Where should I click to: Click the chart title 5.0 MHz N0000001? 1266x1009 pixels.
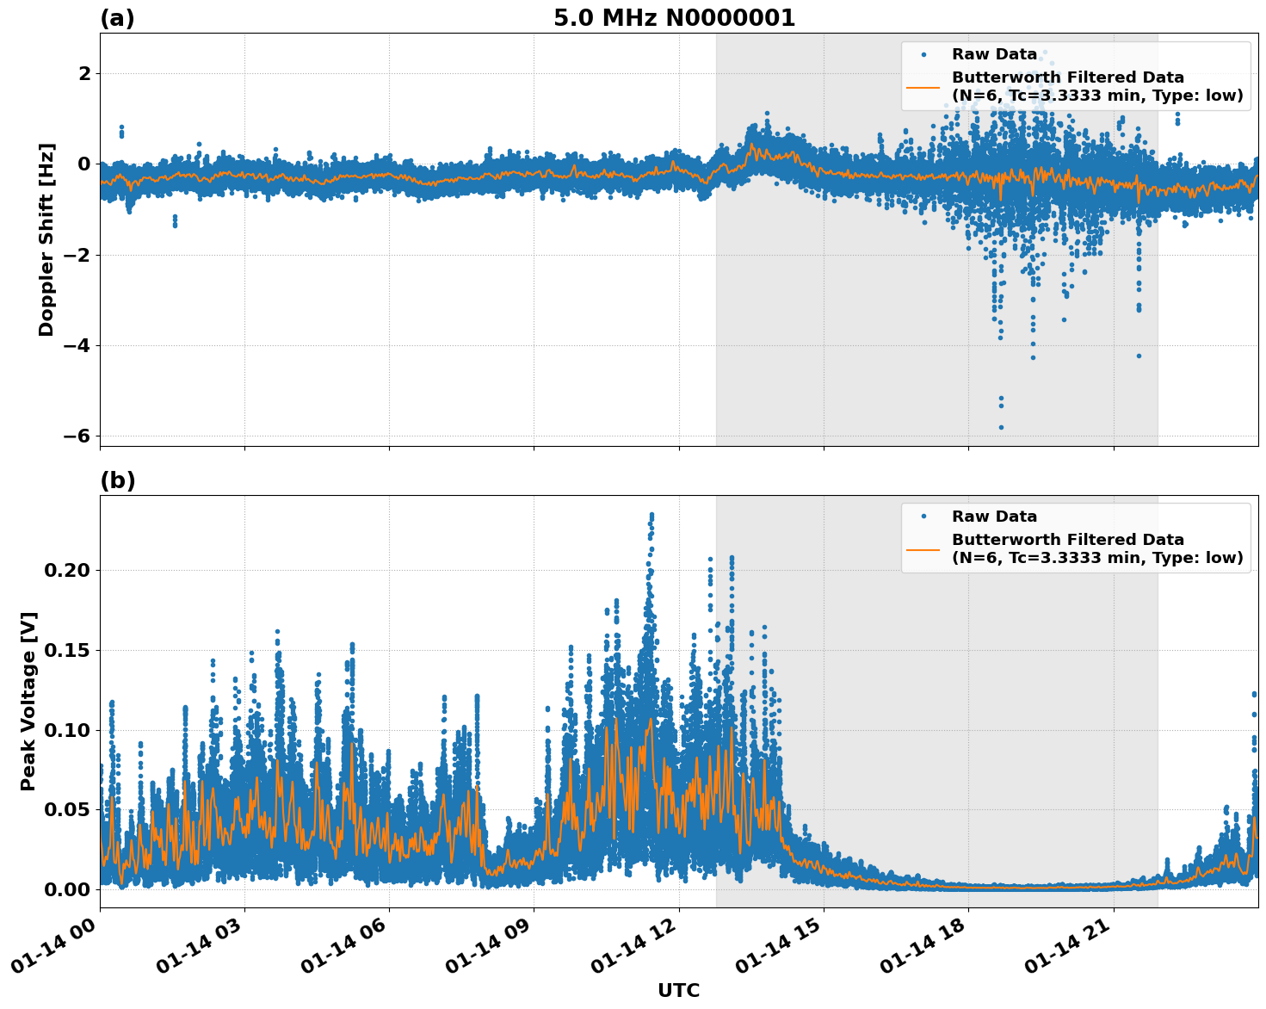(x=674, y=18)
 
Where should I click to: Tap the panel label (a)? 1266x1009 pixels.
(x=117, y=18)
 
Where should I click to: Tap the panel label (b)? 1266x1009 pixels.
(x=117, y=480)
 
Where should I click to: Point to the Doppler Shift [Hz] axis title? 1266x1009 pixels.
(x=46, y=239)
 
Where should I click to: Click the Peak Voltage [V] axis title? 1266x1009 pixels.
(x=28, y=701)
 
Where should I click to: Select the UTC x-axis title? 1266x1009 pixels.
(x=678, y=990)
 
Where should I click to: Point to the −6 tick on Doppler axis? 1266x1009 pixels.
(x=76, y=436)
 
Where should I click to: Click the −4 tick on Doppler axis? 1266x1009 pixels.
(x=76, y=345)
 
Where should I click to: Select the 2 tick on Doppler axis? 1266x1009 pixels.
(x=84, y=74)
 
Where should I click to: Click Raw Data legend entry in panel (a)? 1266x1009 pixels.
(x=994, y=54)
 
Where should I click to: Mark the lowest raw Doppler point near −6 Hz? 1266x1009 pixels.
(x=1001, y=427)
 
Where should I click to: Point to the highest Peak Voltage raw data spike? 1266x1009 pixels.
(x=652, y=515)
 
